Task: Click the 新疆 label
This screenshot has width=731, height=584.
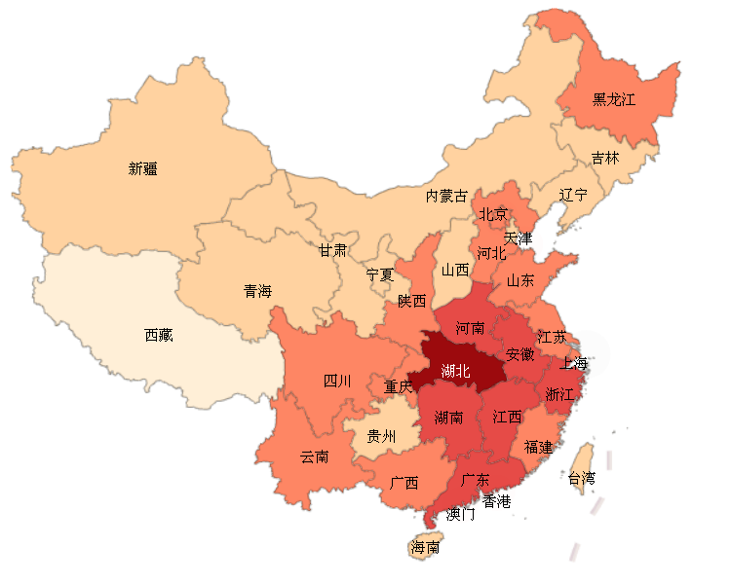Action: tap(143, 168)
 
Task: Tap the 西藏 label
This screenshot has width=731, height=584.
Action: tap(158, 335)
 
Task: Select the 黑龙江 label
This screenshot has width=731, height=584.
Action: tap(614, 99)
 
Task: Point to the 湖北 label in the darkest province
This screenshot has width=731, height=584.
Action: tap(455, 371)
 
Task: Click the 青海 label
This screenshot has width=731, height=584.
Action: tap(257, 290)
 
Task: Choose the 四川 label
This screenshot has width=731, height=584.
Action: tap(337, 381)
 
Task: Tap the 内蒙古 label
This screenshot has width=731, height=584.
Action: tap(446, 196)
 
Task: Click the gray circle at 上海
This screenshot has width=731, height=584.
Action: tap(587, 353)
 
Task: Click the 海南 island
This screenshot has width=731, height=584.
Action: tap(425, 547)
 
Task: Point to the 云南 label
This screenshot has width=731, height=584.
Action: tap(314, 456)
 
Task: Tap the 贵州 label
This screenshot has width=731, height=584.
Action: tap(381, 436)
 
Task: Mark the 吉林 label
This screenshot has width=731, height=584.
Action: tap(605, 158)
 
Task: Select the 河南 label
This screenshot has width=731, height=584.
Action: tap(470, 328)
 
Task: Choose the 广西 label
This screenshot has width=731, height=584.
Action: tap(404, 482)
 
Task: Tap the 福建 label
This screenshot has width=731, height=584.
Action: tap(538, 447)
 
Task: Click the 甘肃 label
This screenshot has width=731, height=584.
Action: tap(332, 250)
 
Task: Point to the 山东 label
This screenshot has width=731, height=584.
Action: tap(519, 280)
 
